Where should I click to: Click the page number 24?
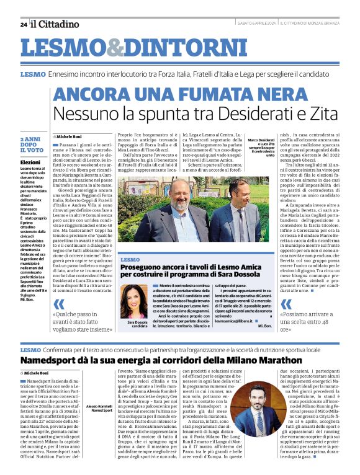pos(23,24)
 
